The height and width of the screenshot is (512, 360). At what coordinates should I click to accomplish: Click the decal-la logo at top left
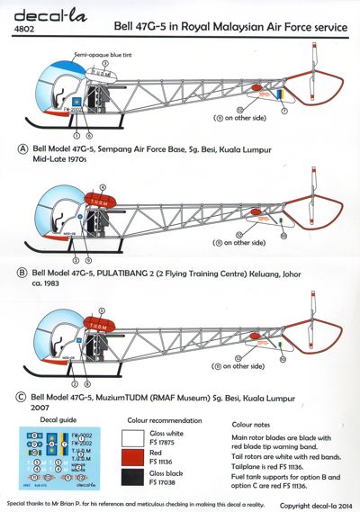click(31, 12)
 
